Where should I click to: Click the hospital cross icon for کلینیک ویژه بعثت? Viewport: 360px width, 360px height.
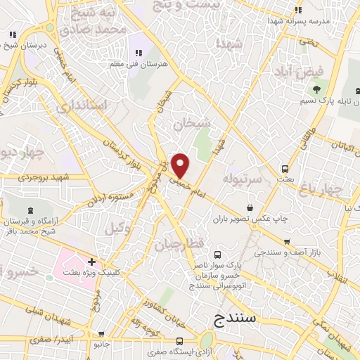[x=91, y=262]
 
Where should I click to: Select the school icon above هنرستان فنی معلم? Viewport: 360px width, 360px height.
[x=139, y=53]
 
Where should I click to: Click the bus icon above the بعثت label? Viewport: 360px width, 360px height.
[x=285, y=169]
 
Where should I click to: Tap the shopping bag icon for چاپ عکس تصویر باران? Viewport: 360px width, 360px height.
[x=252, y=207]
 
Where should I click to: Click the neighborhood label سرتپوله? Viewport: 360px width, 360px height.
[x=242, y=180]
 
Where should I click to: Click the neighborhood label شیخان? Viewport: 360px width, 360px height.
[x=192, y=123]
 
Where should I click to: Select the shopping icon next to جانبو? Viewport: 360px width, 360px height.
[x=103, y=335]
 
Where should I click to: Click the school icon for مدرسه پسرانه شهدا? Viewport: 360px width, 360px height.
[x=298, y=11]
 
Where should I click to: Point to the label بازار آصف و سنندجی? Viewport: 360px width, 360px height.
[x=296, y=251]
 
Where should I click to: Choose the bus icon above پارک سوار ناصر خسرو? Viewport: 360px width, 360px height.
[x=217, y=255]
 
